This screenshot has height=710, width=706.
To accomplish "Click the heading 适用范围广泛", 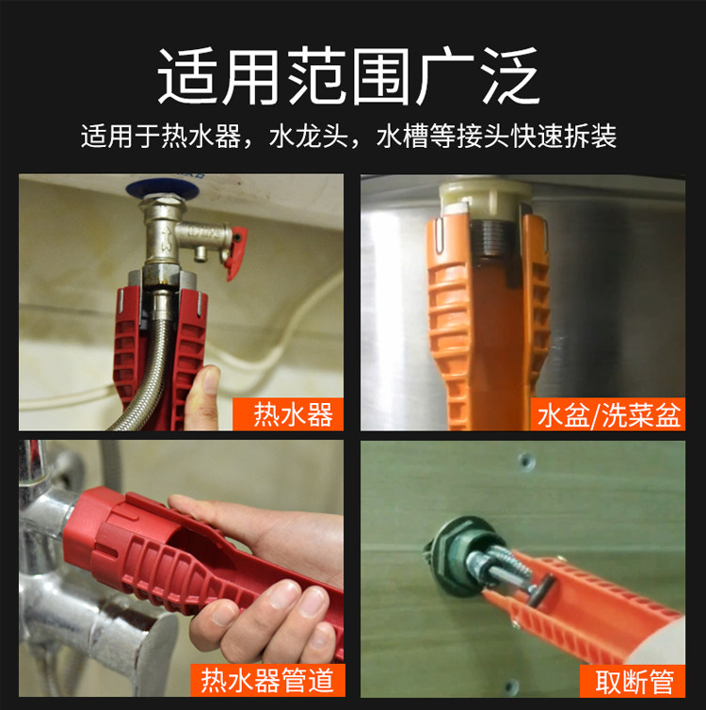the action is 348,75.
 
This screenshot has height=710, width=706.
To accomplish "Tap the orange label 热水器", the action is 288,414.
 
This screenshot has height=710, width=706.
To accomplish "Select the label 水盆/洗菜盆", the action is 608,414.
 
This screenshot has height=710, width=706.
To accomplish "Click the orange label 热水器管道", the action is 267,680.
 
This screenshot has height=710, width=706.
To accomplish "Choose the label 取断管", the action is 633,681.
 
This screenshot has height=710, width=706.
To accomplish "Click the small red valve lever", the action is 236,253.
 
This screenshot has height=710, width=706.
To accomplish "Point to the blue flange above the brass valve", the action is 163,189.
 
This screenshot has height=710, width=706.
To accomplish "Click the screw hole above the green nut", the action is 526,461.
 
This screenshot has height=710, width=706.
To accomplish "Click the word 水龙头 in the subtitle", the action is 309,136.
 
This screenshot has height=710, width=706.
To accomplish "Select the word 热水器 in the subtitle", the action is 201,136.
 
